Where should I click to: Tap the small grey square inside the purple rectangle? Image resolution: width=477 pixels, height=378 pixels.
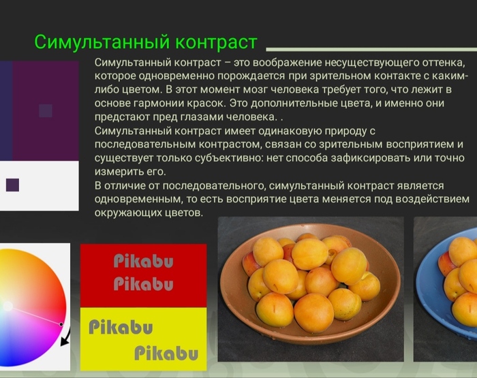click(x=46, y=110)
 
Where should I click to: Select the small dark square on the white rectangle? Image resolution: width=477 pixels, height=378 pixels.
click(x=12, y=185)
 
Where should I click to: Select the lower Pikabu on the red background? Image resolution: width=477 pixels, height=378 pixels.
click(x=143, y=283)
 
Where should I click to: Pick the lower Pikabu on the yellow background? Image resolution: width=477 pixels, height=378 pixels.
click(x=166, y=353)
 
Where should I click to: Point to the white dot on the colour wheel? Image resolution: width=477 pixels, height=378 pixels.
click(x=7, y=306)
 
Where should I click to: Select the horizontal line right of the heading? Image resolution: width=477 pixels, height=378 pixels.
click(x=368, y=50)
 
